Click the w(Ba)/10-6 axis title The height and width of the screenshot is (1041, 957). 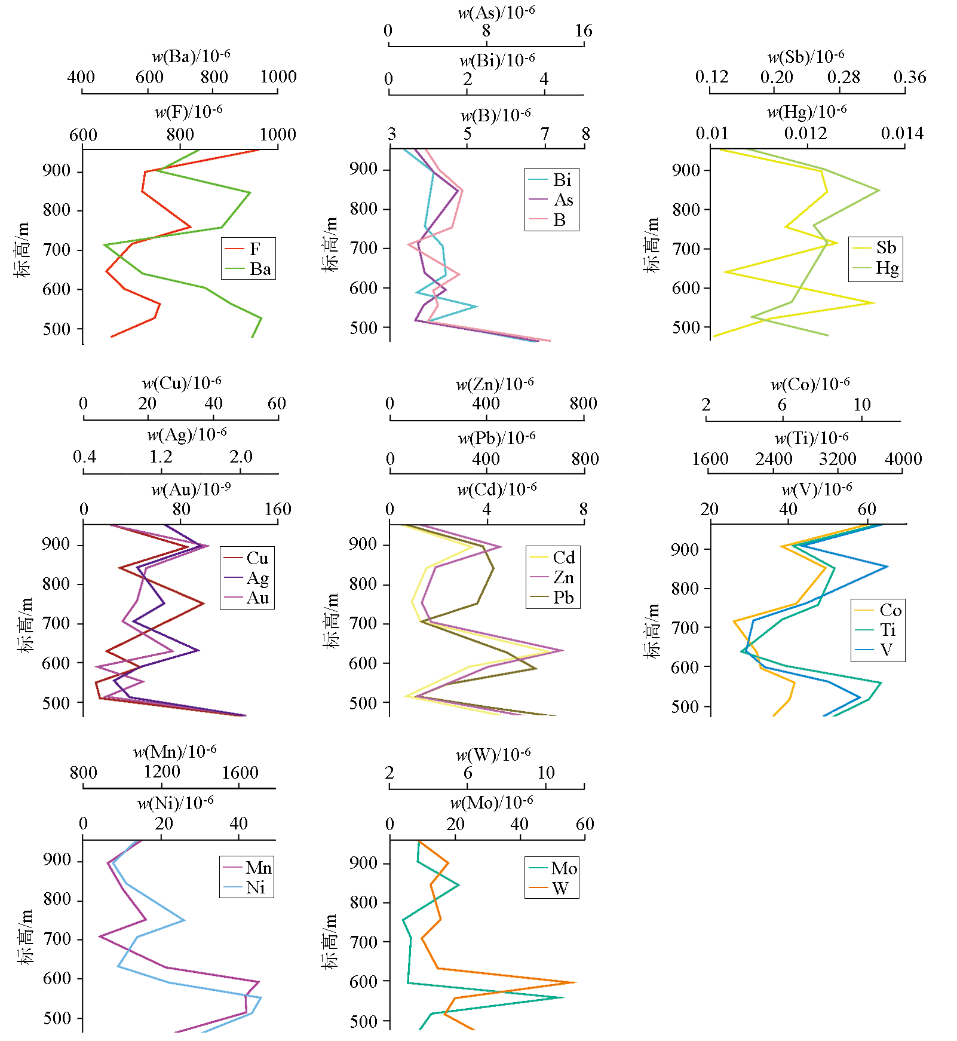pos(191,56)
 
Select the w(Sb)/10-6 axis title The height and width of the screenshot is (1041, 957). pos(805,57)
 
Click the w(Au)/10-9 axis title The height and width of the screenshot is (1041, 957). pos(191,489)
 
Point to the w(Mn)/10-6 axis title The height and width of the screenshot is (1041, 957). pos(174,751)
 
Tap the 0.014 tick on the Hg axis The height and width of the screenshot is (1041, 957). pos(902,133)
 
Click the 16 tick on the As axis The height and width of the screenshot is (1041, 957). pos(584,30)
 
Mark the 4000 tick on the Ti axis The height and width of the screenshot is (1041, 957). pos(903,459)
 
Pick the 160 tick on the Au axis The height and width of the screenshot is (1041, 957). pos(278,509)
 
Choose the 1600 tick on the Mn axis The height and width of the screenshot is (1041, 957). pos(240,773)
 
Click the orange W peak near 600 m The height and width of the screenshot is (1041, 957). pos(575,982)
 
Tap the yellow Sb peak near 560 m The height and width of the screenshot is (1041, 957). pos(874,303)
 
